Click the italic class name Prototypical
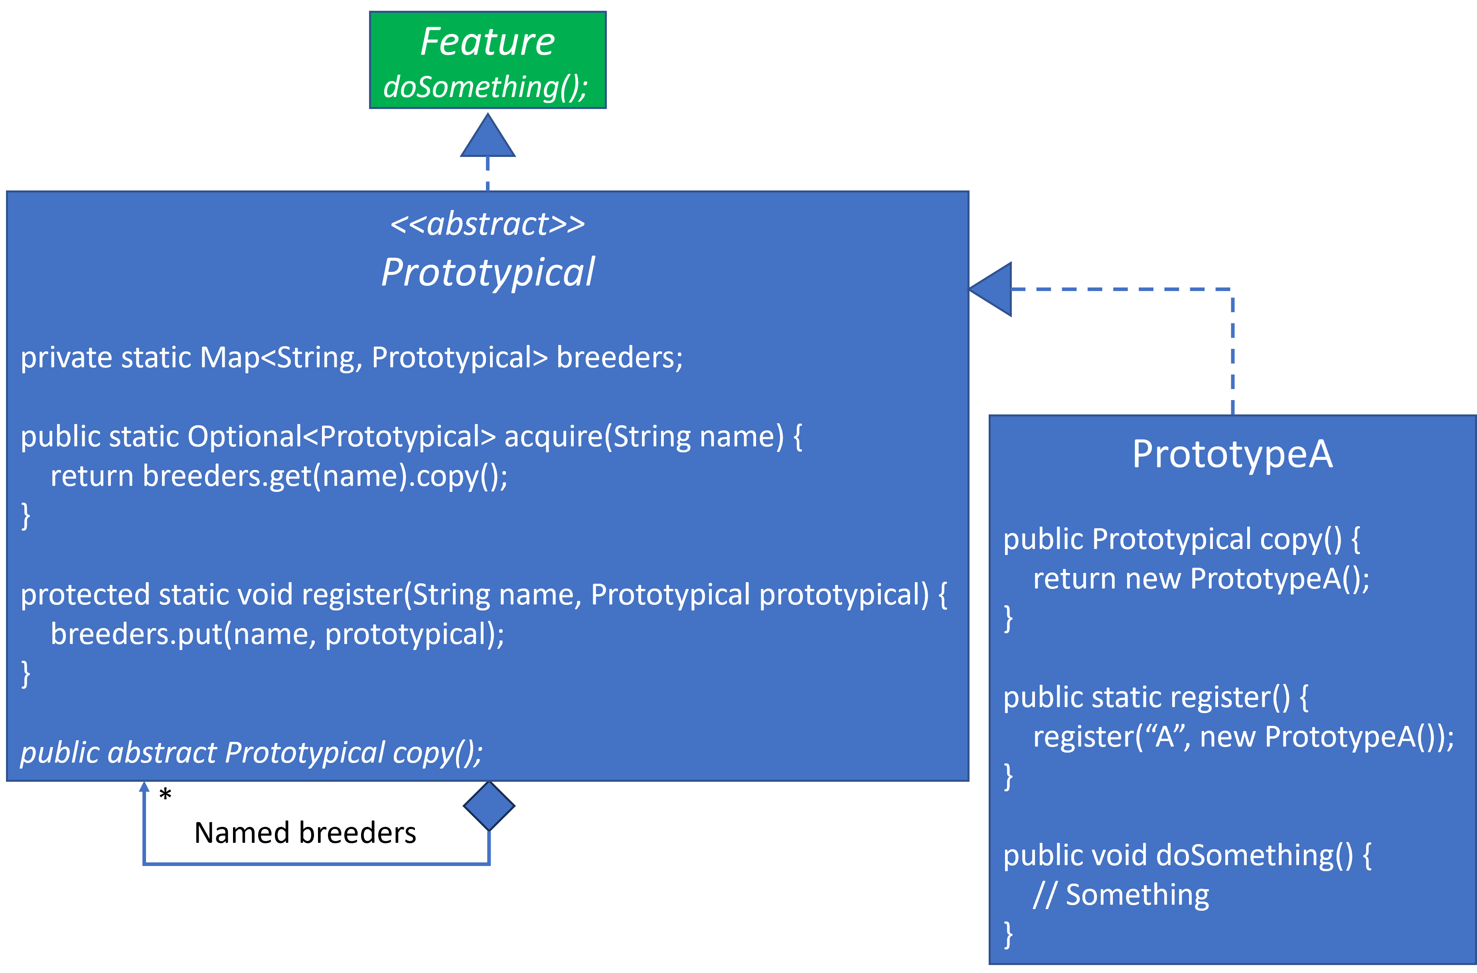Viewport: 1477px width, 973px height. (x=488, y=272)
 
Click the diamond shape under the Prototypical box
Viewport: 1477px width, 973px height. (x=489, y=806)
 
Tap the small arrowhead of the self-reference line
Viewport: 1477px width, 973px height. (x=144, y=787)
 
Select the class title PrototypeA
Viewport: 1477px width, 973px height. (x=1232, y=454)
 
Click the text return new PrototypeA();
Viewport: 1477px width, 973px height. (x=1201, y=579)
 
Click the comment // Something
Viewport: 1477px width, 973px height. (x=1121, y=895)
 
